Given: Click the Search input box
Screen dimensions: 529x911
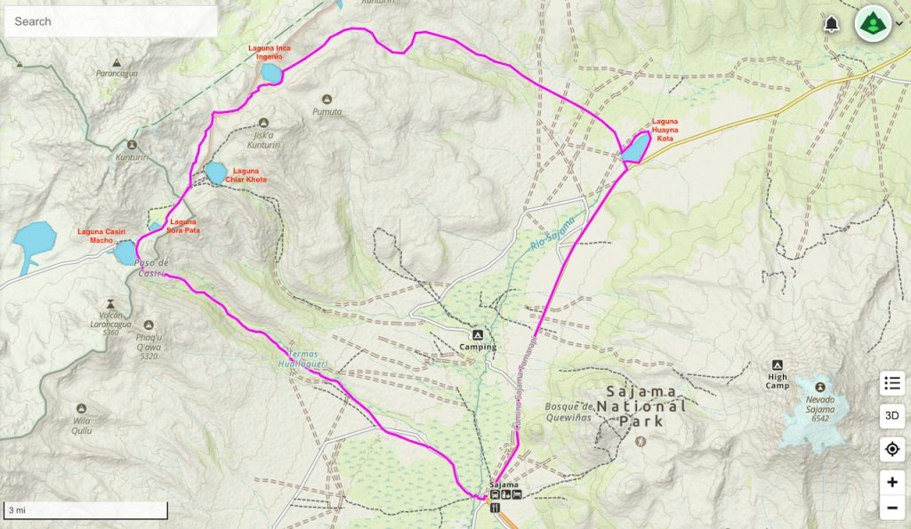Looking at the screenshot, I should click(110, 21).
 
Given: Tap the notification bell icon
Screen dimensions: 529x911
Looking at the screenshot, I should click(832, 24).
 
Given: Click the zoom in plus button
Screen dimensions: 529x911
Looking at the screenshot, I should click(891, 482).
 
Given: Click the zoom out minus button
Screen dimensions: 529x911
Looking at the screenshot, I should click(891, 509).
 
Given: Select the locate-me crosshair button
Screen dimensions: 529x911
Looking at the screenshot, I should click(891, 449).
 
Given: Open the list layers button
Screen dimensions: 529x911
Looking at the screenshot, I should click(891, 383).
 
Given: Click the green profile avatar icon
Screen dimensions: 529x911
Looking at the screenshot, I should click(873, 24).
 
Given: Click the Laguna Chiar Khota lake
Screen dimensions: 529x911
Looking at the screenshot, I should click(215, 172).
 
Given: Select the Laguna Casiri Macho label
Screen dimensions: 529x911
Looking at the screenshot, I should click(101, 236).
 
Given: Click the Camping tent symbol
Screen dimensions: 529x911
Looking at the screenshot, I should click(478, 334).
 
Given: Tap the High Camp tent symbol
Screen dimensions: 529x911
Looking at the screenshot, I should click(777, 365).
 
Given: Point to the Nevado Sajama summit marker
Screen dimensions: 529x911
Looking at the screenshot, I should click(819, 387).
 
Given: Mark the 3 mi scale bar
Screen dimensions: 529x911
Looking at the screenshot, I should click(86, 510).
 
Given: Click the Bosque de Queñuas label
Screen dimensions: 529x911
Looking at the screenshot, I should click(569, 412).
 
